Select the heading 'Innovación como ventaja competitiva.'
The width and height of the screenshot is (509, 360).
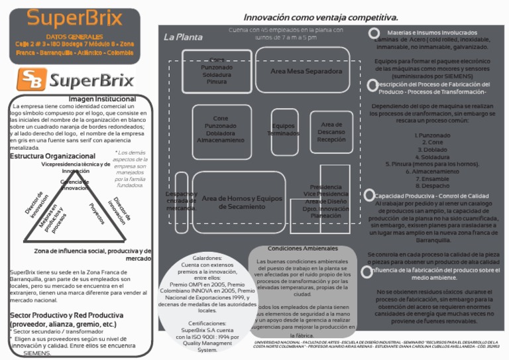coord(321,17)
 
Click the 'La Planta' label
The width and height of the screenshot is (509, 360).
coord(183,37)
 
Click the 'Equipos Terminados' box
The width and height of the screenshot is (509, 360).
coord(284,130)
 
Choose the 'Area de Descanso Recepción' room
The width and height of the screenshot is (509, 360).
coord(331,132)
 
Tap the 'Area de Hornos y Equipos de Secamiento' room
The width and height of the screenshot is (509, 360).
coord(242,203)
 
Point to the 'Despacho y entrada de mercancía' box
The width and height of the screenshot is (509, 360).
coord(181,201)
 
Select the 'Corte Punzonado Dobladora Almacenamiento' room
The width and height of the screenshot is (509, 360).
coord(221,129)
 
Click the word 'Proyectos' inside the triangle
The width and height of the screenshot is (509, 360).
coord(97,213)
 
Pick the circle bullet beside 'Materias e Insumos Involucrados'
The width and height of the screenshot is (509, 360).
coord(374,33)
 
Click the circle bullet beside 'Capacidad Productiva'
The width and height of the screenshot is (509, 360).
coord(369,196)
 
